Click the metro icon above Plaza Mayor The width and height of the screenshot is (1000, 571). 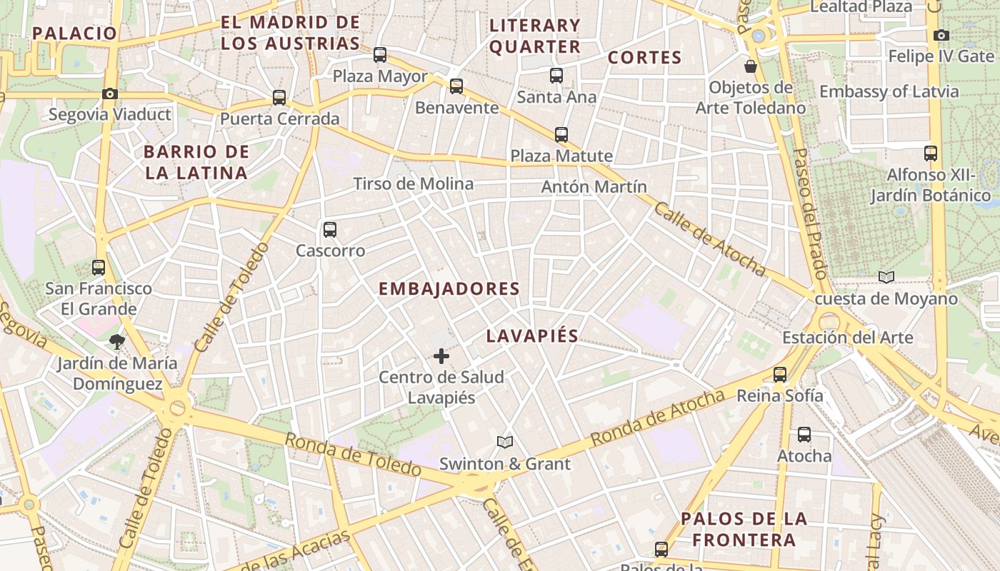click(x=380, y=55)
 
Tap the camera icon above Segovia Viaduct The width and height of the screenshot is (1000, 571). click(x=109, y=94)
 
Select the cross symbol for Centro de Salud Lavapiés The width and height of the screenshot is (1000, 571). click(x=441, y=355)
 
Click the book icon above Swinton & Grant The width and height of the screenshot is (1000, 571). click(x=505, y=443)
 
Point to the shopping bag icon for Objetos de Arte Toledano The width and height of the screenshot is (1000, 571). click(x=751, y=66)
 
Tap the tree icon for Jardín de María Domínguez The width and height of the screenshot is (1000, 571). click(x=117, y=342)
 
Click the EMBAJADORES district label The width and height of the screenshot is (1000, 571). click(x=449, y=289)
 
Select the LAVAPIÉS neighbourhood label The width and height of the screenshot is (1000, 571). click(x=532, y=336)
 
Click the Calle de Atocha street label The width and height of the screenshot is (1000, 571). click(x=709, y=239)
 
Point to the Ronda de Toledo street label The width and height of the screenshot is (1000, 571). click(x=353, y=454)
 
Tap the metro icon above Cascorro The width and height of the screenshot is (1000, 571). click(x=329, y=230)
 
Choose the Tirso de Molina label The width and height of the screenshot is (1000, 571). click(x=413, y=184)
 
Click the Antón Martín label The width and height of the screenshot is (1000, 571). click(x=594, y=187)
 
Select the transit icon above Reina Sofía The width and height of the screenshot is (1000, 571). click(x=780, y=374)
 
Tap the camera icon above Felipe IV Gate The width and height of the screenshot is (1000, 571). click(x=941, y=35)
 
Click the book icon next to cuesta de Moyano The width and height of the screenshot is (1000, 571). click(x=886, y=277)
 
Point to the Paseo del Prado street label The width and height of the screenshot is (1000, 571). click(x=810, y=213)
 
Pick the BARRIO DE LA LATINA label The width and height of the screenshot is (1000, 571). click(x=196, y=162)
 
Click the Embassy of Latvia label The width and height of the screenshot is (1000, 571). click(x=889, y=91)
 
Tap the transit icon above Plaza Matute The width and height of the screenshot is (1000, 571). click(x=561, y=134)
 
